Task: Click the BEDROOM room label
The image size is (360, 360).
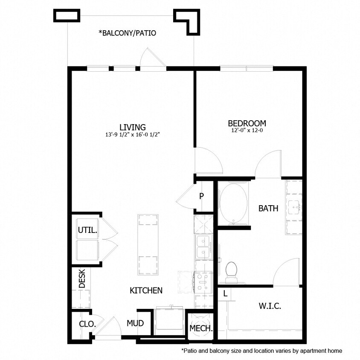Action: click(x=247, y=124)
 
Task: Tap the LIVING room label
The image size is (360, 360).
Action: click(x=133, y=127)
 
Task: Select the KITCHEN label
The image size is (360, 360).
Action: click(x=146, y=290)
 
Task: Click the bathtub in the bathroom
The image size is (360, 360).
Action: click(x=233, y=203)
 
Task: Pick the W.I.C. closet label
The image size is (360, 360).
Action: click(x=270, y=306)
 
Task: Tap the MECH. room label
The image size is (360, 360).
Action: click(x=201, y=328)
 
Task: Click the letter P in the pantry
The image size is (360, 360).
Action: click(x=201, y=196)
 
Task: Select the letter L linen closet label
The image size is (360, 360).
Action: click(x=225, y=293)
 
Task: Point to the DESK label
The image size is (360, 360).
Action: click(x=82, y=278)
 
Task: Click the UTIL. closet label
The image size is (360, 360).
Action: click(x=87, y=230)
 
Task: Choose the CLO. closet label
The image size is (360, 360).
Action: click(x=87, y=324)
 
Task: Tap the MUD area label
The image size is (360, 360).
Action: click(x=135, y=323)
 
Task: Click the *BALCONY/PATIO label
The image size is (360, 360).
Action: click(x=127, y=33)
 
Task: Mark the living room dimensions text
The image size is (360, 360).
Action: click(x=133, y=135)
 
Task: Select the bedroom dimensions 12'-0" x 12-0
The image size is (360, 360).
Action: click(x=247, y=131)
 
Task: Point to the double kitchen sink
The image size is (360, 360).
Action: click(x=203, y=247)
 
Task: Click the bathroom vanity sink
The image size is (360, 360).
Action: click(x=295, y=207)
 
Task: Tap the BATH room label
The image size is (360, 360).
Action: click(x=268, y=209)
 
